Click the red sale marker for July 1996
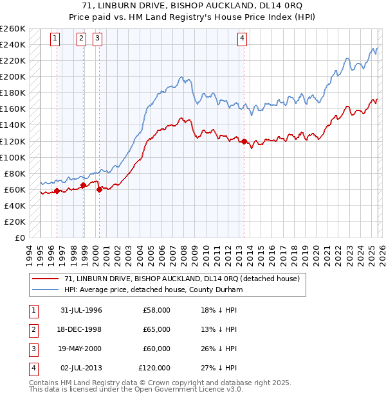coord(57,191)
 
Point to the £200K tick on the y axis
coord(14,76)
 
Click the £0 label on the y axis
coord(20,238)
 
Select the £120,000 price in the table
coord(154,368)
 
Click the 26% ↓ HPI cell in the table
coord(219,349)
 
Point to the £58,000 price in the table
coord(157,310)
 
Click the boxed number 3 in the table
coord(33,349)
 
